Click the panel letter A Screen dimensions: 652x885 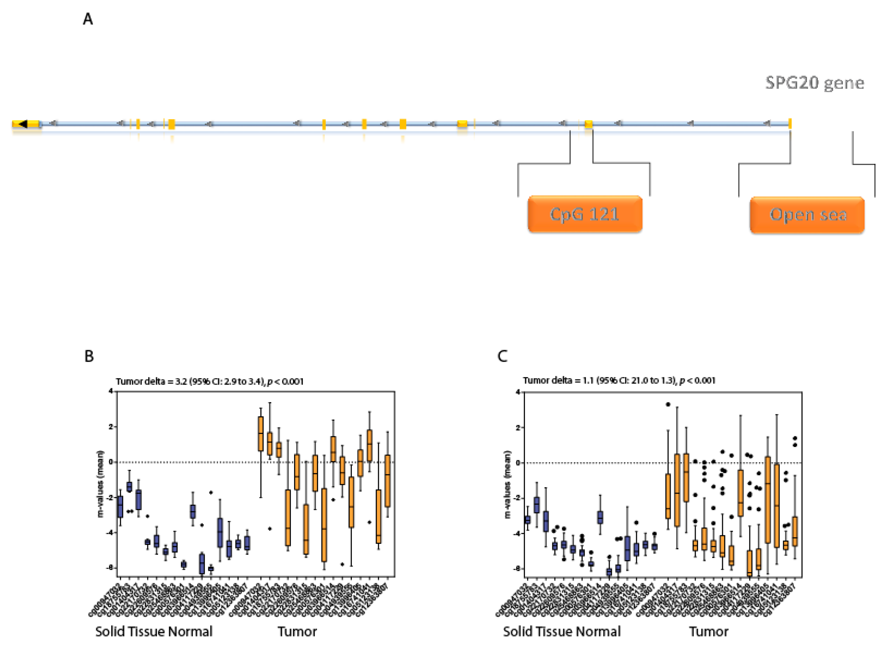(88, 19)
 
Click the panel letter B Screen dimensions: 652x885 (89, 356)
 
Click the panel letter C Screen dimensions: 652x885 (502, 356)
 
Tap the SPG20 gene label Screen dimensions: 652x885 (815, 83)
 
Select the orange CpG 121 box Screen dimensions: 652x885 (585, 214)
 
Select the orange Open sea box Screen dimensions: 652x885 (807, 215)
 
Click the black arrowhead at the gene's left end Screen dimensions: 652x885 (23, 124)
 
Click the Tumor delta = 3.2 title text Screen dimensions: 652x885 (209, 381)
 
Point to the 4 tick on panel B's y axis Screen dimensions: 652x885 (111, 391)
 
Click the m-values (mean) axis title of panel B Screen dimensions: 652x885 (100, 483)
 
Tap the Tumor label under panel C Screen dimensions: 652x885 (708, 631)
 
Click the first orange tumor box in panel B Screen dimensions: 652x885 (261, 433)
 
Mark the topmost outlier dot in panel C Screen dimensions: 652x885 (668, 404)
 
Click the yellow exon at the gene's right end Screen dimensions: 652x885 (790, 124)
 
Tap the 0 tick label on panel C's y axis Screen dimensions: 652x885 (518, 463)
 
